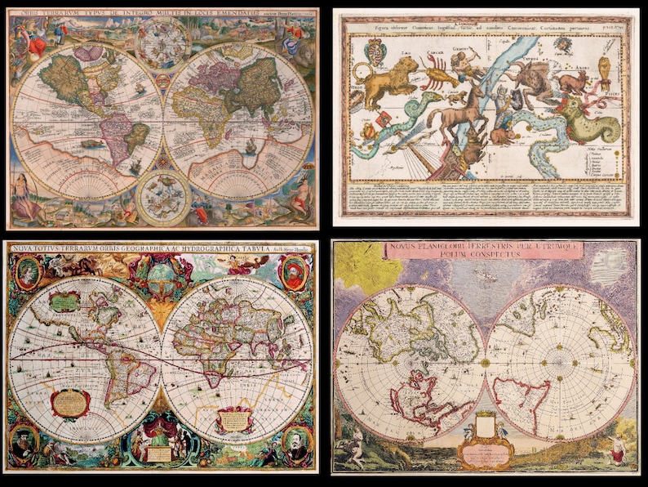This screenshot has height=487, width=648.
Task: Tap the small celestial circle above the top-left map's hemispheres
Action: pos(163,40)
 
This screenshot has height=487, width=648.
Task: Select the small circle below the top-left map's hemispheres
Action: pos(163,195)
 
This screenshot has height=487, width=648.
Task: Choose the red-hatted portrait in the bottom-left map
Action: pos(295,272)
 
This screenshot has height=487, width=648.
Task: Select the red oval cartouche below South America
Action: pos(71,403)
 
